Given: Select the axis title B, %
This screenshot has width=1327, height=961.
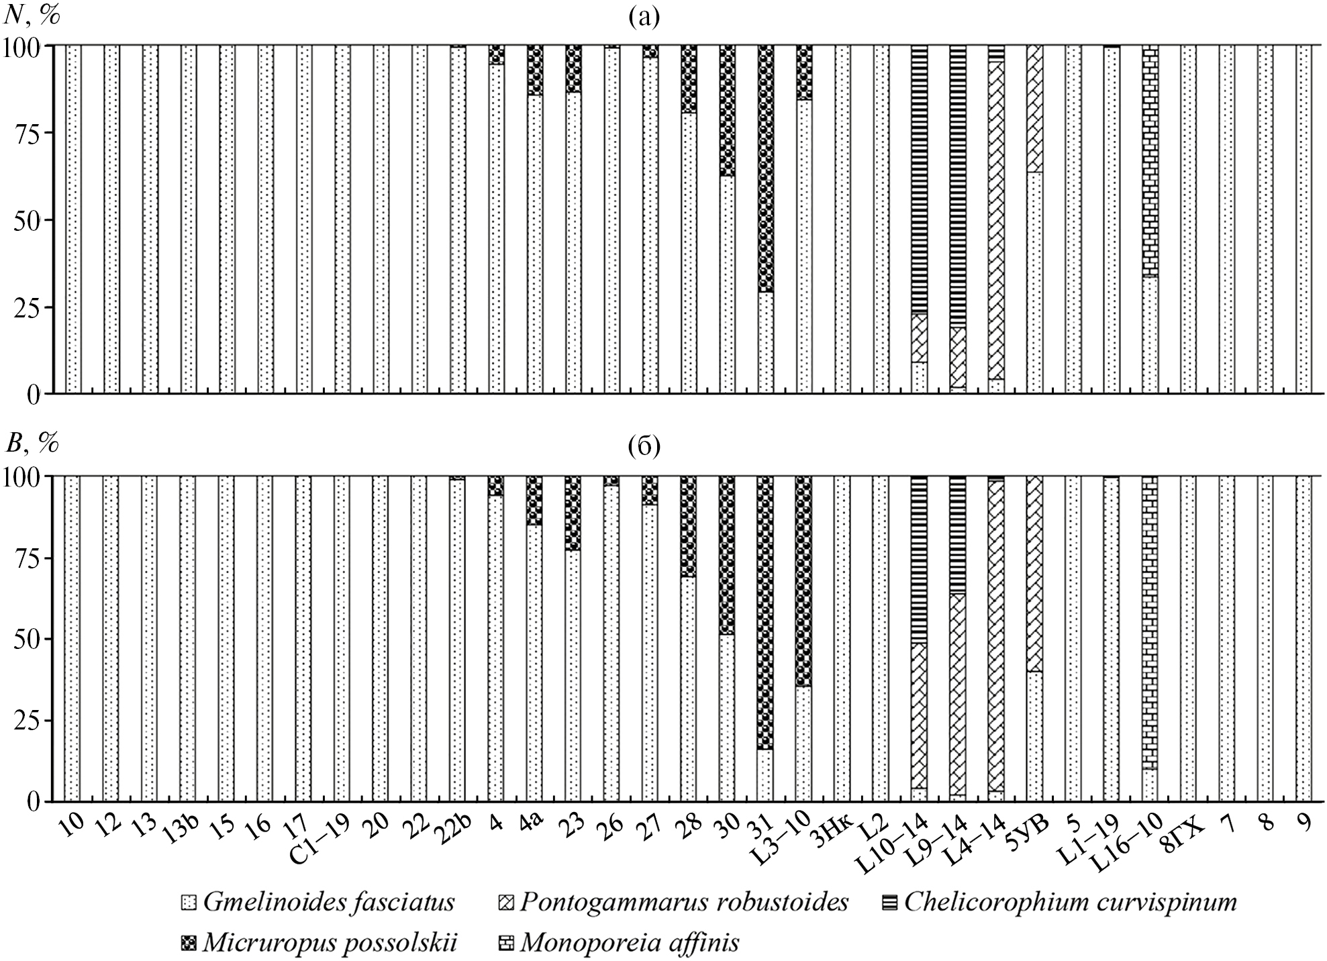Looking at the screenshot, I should [x=32, y=444].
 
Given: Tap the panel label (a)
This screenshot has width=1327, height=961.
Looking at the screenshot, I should [x=644, y=17].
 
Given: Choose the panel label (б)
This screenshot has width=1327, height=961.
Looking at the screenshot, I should [x=644, y=446].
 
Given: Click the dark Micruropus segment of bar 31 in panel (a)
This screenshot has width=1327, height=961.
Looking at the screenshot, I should [x=765, y=168].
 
